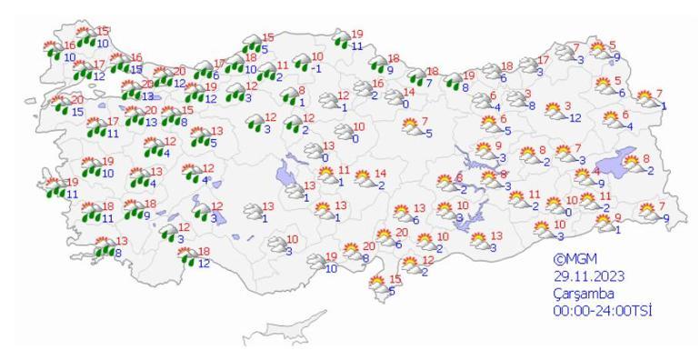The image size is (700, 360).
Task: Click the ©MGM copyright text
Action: pyautogui.click(x=572, y=258)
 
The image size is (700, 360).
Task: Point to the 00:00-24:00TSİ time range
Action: pyautogui.click(x=604, y=311)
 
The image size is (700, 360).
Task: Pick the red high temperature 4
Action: pyautogui.click(x=596, y=171)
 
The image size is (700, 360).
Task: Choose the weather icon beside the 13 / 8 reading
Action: pyautogui.click(x=101, y=247)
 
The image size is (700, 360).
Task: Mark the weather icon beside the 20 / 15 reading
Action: pyautogui.click(x=59, y=105)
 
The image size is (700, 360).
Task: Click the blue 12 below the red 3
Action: pyautogui.click(x=575, y=117)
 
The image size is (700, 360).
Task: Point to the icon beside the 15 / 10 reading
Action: pyautogui.click(x=86, y=36)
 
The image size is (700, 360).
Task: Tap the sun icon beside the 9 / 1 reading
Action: pyautogui.click(x=601, y=223)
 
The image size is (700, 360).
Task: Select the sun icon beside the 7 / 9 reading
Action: pyautogui.click(x=647, y=212)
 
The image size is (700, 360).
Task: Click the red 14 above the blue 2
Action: pyautogui.click(x=381, y=174)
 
